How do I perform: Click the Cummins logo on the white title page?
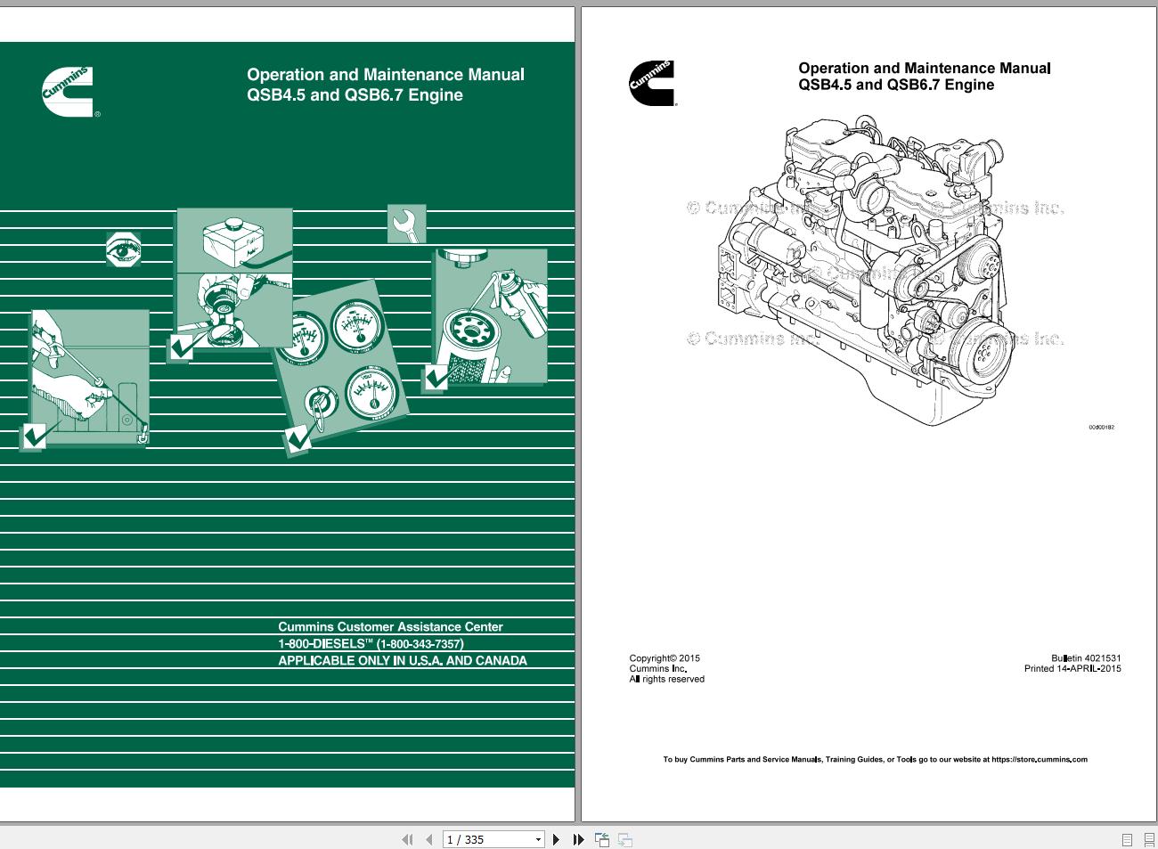coord(652,84)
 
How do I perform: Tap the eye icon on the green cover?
coord(123,250)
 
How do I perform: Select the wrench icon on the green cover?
coord(407,224)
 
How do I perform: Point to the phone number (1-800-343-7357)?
coord(420,644)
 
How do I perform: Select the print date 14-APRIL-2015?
coord(1089,669)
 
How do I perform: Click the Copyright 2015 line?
coord(665,658)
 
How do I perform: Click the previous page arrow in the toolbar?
coord(429,839)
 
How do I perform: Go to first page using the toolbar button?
coord(408,839)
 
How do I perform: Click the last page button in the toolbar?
coord(578,839)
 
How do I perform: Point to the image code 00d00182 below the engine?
coord(1101,428)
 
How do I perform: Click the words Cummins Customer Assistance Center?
coord(390,627)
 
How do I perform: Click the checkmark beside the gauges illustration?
coord(298,438)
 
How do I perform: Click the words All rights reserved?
coord(667,680)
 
